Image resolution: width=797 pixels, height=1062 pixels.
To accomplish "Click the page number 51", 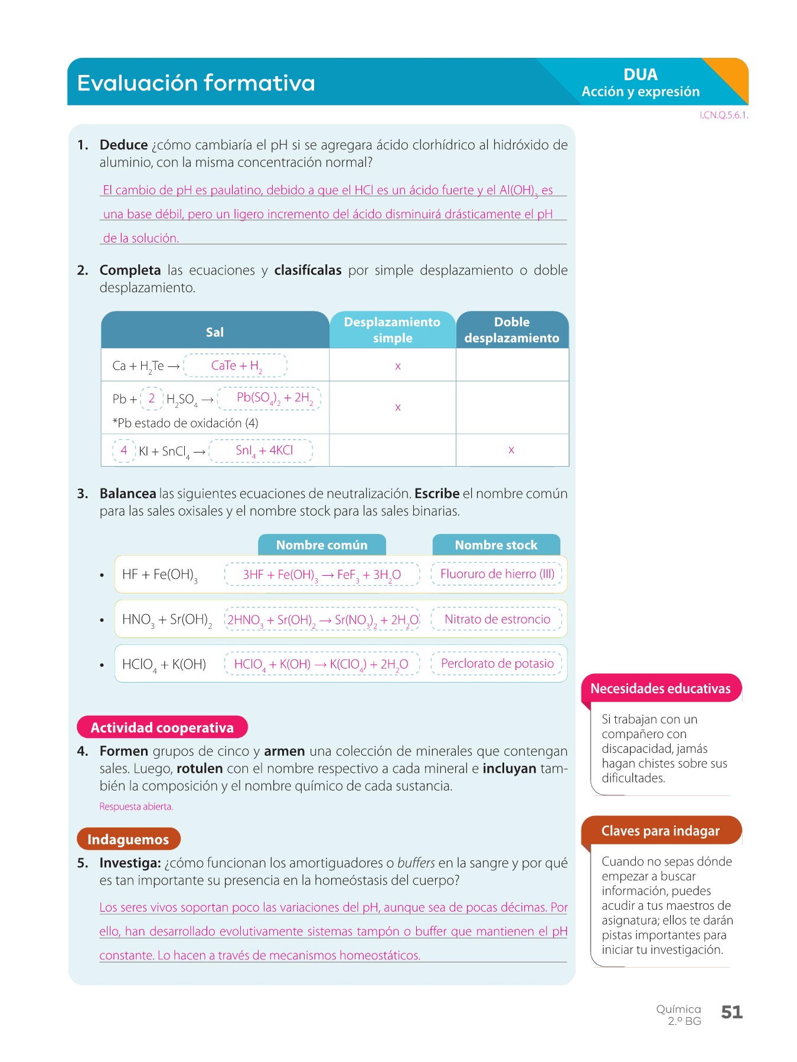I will tap(731, 1012).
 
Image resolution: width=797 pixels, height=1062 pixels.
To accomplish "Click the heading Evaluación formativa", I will tap(196, 83).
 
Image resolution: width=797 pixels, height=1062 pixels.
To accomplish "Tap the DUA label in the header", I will tap(641, 75).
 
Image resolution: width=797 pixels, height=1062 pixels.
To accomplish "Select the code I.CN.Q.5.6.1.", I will tap(724, 116).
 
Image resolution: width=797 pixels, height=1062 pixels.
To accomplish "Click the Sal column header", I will tap(215, 332).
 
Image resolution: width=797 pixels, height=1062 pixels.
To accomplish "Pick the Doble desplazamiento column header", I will tap(512, 330).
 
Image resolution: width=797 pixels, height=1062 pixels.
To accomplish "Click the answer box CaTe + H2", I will tap(236, 366).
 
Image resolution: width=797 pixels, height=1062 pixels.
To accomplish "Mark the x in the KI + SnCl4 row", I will tap(511, 450).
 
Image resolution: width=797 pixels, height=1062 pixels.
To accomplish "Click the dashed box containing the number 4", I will tap(124, 451).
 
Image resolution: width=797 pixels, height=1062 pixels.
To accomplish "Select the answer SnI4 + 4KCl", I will tap(261, 451).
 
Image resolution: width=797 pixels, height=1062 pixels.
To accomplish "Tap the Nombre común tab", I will tap(322, 545).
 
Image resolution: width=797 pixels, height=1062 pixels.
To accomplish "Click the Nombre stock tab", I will tap(496, 545).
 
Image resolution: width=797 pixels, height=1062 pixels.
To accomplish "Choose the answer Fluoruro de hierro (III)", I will tap(497, 574).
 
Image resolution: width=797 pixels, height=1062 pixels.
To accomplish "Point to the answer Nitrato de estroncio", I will tap(497, 619).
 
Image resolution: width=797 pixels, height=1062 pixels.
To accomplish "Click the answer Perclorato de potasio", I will tap(497, 664).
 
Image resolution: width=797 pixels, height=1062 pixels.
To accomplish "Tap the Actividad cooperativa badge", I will tap(162, 727).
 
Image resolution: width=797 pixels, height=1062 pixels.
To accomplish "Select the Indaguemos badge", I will tap(128, 839).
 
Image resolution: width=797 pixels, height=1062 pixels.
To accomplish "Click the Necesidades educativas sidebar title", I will tap(660, 689).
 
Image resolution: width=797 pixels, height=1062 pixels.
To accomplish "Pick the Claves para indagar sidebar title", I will tap(660, 831).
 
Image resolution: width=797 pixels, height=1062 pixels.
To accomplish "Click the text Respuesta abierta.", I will tap(136, 807).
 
